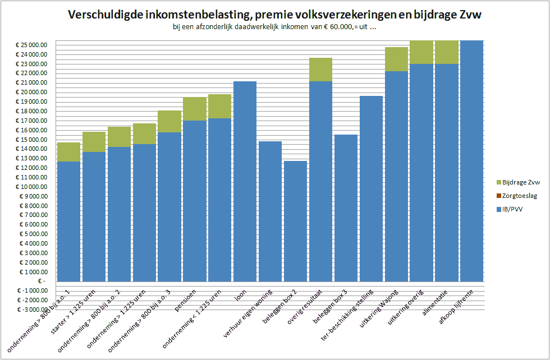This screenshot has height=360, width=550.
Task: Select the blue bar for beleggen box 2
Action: tap(295, 221)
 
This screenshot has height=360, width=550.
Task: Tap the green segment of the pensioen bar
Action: tap(195, 109)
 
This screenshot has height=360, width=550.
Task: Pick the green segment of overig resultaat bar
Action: tap(320, 70)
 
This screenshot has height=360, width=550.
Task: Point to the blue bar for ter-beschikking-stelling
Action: tap(370, 188)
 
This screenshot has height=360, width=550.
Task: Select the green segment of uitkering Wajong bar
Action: tap(396, 59)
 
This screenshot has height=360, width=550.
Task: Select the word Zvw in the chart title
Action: tap(470, 15)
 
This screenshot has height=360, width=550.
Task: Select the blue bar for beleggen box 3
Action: tap(346, 207)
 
